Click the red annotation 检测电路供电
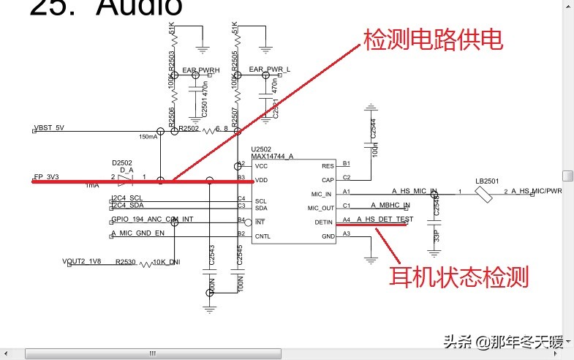click(x=433, y=41)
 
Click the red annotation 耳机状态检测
click(x=458, y=277)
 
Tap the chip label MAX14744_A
click(x=272, y=156)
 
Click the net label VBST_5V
click(x=50, y=127)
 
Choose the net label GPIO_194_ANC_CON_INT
click(x=152, y=220)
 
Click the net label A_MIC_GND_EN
click(x=138, y=233)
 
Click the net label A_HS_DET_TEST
click(x=385, y=220)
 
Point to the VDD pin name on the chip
click(x=261, y=180)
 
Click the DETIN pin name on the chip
click(x=324, y=222)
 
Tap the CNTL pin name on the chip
click(x=263, y=236)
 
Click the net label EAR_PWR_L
click(x=270, y=70)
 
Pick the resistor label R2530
click(x=126, y=261)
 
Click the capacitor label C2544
click(x=373, y=130)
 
